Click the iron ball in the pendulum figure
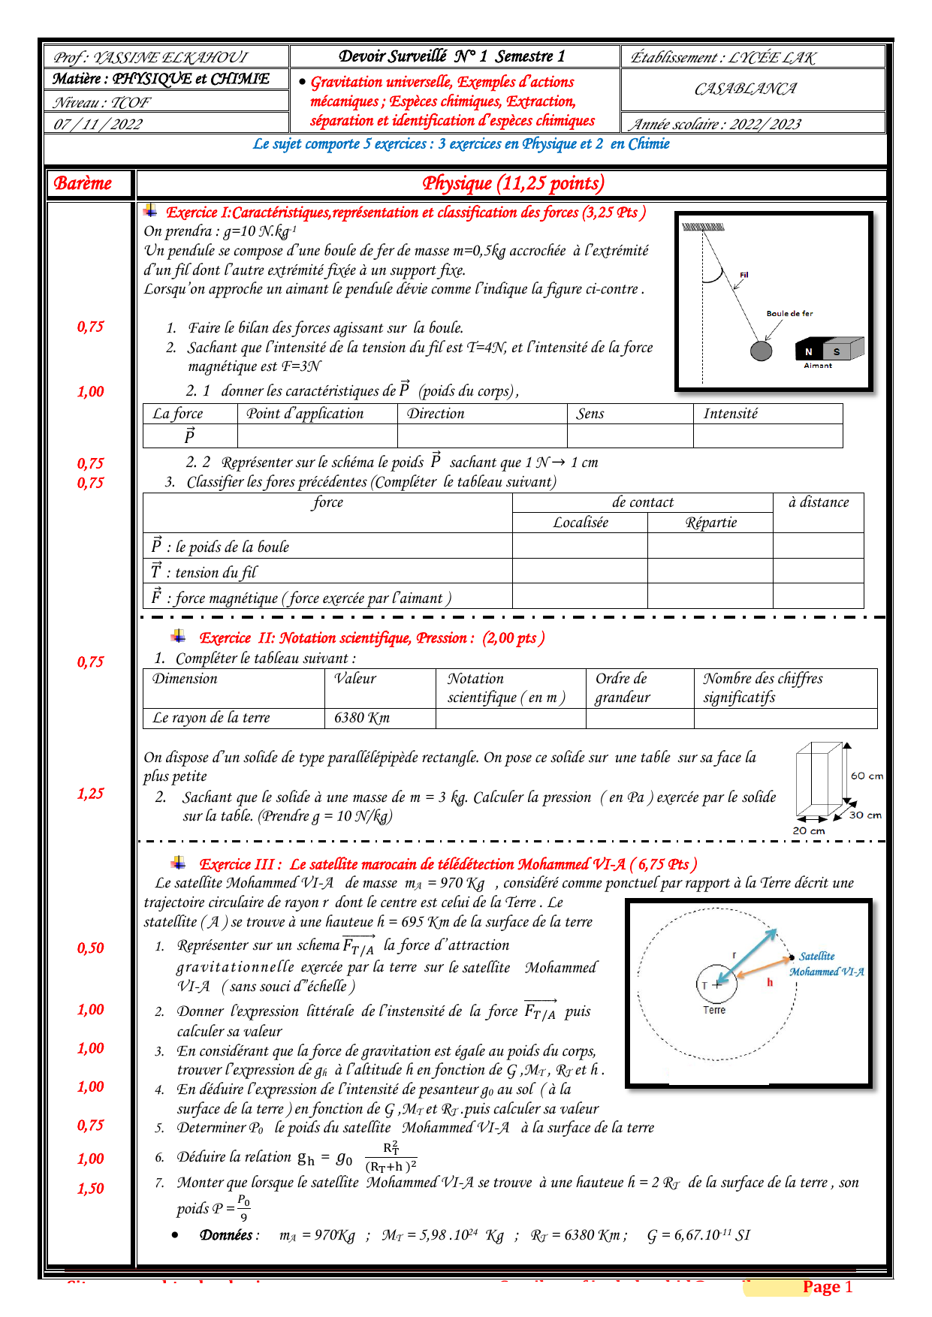click(761, 351)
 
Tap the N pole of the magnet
click(809, 351)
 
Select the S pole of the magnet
click(836, 351)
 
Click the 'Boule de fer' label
click(789, 314)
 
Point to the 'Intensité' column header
click(730, 414)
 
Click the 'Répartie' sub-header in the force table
click(710, 523)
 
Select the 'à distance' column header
click(819, 502)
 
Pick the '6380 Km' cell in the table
click(362, 718)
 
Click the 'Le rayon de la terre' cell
click(211, 718)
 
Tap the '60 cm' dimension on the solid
click(867, 776)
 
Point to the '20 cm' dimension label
click(809, 830)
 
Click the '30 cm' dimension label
click(865, 815)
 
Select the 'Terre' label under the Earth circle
click(714, 1011)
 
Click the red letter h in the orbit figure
click(770, 982)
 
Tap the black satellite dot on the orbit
click(792, 957)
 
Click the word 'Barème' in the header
click(83, 183)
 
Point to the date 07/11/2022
click(98, 124)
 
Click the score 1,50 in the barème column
click(90, 1189)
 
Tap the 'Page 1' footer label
click(827, 1287)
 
